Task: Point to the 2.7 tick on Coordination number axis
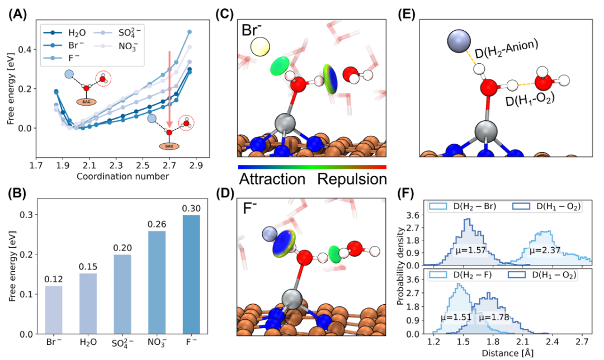coord(168,165)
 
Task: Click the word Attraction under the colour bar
coord(272,179)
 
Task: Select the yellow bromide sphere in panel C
coord(259,48)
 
